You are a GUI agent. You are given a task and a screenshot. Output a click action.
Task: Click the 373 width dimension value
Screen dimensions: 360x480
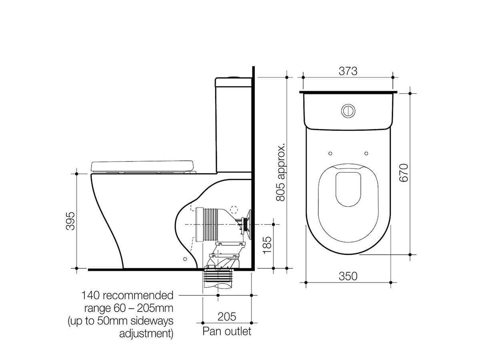pos(348,71)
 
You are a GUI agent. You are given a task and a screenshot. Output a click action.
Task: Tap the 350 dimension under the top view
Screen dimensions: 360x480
pos(348,276)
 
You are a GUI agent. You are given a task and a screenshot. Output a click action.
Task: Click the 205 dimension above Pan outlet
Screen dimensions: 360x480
pos(227,316)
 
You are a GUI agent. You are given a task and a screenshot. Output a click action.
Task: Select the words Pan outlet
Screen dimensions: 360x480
pos(227,331)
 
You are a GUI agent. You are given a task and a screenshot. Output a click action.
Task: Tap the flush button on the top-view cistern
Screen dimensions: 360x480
pos(348,110)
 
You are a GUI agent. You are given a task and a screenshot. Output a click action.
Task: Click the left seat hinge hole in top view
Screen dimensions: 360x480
pos(330,153)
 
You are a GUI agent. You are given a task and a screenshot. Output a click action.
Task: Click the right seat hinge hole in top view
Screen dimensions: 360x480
pos(366,153)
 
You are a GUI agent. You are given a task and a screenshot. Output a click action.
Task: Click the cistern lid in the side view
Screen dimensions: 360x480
pos(234,82)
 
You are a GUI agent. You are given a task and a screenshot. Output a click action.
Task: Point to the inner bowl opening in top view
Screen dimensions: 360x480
pos(348,188)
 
